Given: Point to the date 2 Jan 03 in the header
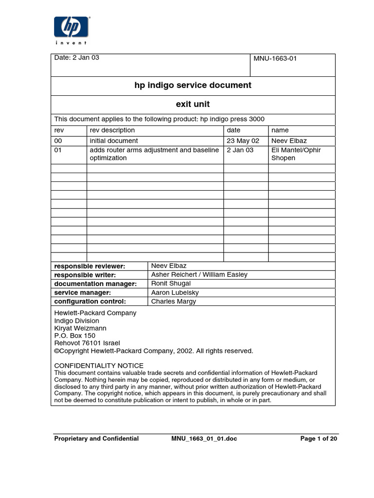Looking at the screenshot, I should tap(76, 57).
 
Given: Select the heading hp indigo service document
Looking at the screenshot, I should tap(193, 85).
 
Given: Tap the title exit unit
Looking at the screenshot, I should tap(193, 104).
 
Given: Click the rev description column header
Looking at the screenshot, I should tap(112, 130).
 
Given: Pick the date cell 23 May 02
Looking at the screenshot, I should tap(242, 141).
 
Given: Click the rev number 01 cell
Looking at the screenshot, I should tap(58, 150).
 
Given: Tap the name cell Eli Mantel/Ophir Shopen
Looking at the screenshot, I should tap(296, 154).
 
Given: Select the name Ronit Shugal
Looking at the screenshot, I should tap(171, 284).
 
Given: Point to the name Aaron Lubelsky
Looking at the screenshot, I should tap(175, 293).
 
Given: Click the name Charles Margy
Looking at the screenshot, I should tap(173, 302).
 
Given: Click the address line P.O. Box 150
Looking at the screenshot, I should tap(75, 336).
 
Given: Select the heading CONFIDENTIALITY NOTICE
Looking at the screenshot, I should tap(98, 366).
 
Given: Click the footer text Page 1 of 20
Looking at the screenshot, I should tap(318, 439).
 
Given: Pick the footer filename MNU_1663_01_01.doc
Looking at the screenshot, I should tap(205, 439).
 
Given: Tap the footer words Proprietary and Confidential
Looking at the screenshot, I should tap(96, 439).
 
